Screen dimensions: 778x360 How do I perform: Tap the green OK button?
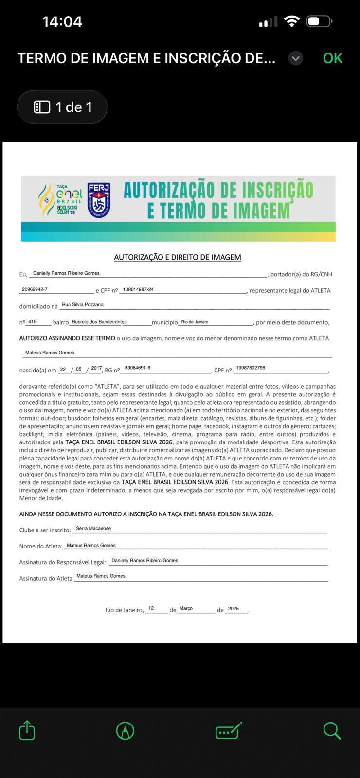pyautogui.click(x=333, y=58)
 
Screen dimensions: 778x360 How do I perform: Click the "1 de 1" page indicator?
pyautogui.click(x=62, y=107)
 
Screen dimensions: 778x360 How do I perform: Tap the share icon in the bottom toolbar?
pyautogui.click(x=27, y=730)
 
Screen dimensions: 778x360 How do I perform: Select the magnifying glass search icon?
pyautogui.click(x=332, y=730)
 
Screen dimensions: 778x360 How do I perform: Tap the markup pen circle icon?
pyautogui.click(x=125, y=730)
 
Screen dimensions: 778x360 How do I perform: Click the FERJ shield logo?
pyautogui.click(x=99, y=200)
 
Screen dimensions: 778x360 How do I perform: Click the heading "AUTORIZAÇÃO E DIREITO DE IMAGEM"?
pyautogui.click(x=178, y=257)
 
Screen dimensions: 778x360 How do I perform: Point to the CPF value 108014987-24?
pyautogui.click(x=138, y=289)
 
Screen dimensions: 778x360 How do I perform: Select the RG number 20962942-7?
pyautogui.click(x=35, y=289)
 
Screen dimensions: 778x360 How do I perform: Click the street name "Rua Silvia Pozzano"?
pyautogui.click(x=83, y=305)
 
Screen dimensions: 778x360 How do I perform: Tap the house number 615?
pyautogui.click(x=33, y=322)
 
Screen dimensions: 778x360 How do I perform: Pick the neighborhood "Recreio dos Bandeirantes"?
pyautogui.click(x=99, y=322)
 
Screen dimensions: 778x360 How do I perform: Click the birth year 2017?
pyautogui.click(x=96, y=368)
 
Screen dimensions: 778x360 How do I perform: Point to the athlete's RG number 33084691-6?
pyautogui.click(x=138, y=368)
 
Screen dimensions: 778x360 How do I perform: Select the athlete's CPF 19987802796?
pyautogui.click(x=251, y=368)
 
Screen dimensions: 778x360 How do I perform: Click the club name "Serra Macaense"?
pyautogui.click(x=93, y=528)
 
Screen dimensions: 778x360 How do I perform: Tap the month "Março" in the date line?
pyautogui.click(x=186, y=608)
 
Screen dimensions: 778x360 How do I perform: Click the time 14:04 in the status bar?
pyautogui.click(x=62, y=21)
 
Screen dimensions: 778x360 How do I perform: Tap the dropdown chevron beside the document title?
pyautogui.click(x=296, y=58)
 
